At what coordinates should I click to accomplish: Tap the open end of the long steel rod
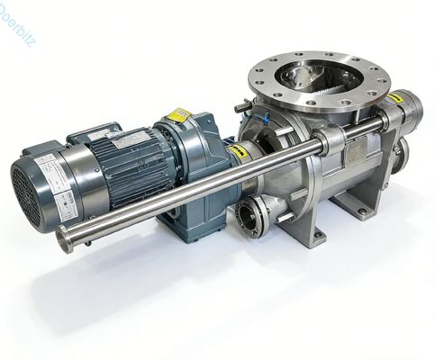[x=66, y=240]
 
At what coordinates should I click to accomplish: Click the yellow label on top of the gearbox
[x=178, y=115]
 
